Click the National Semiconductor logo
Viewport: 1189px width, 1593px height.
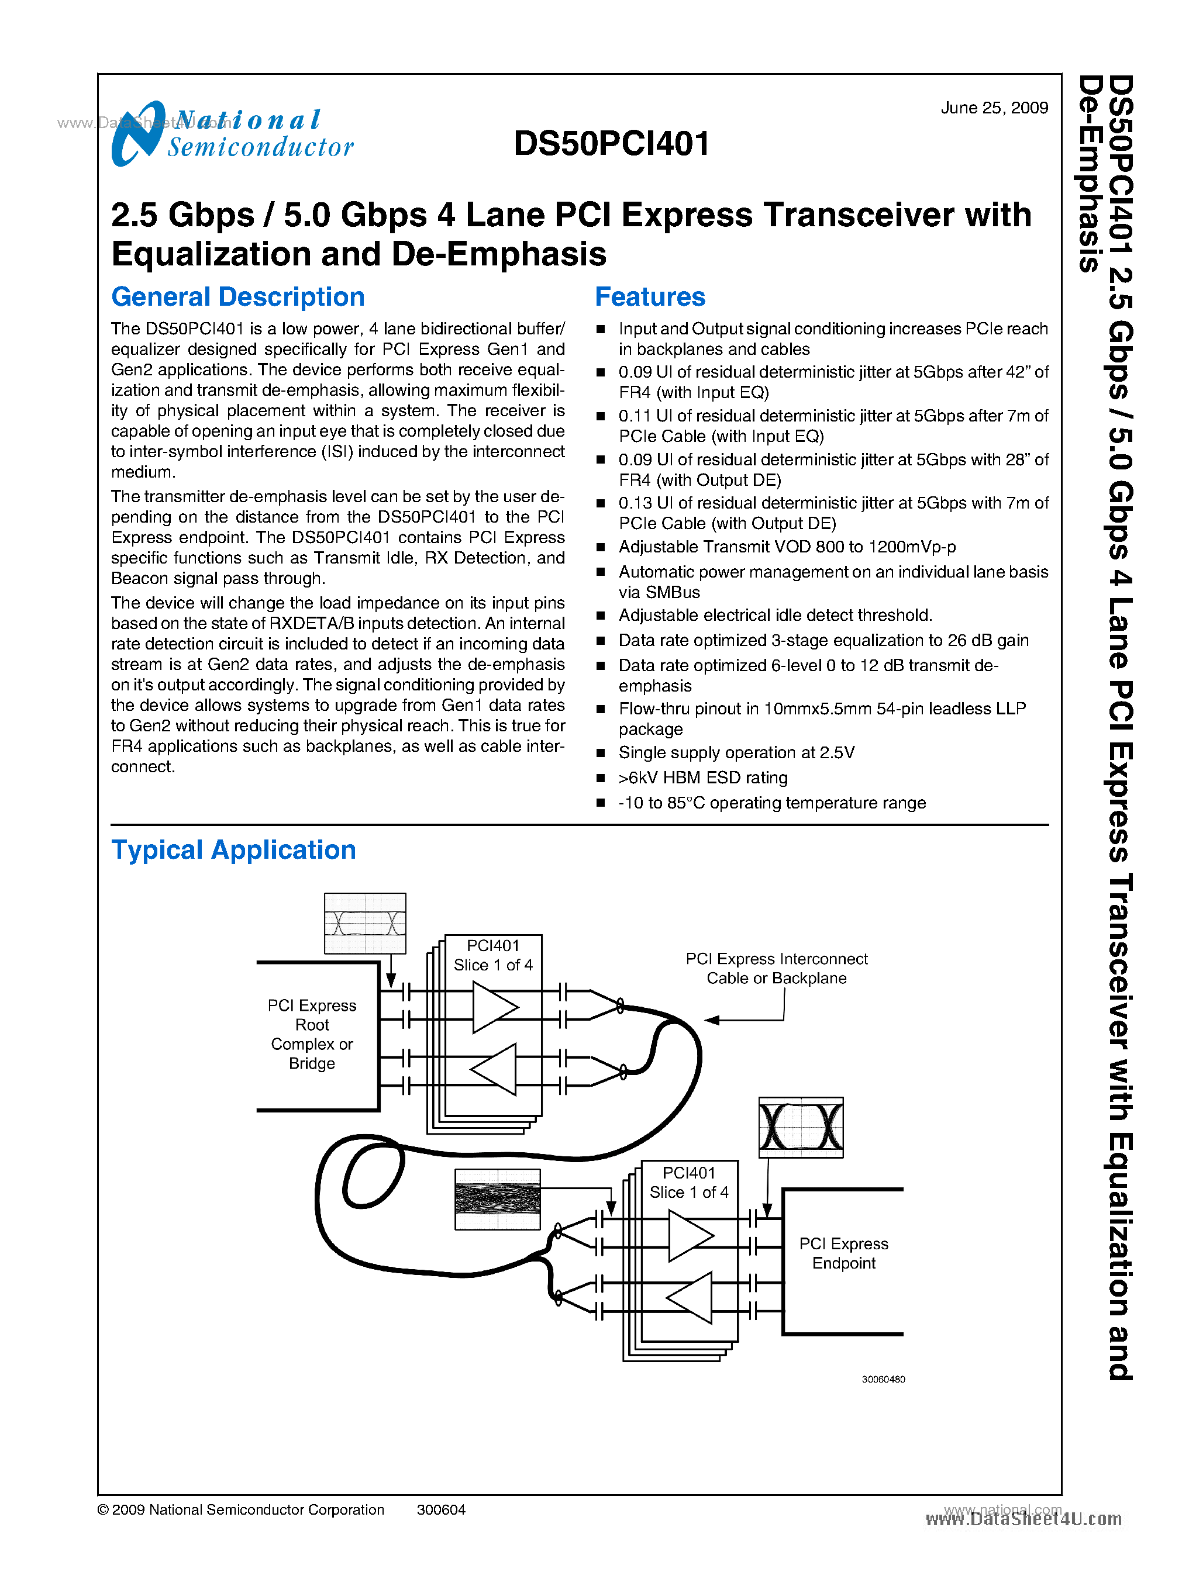click(x=232, y=134)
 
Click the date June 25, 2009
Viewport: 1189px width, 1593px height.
click(x=993, y=108)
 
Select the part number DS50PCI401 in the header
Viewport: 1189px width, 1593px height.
click(x=612, y=143)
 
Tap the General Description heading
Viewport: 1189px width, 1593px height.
click(x=237, y=296)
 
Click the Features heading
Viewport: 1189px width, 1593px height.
click(x=649, y=296)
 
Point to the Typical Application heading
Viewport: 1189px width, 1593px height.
click(x=233, y=850)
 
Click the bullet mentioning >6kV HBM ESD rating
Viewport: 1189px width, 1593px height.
click(x=702, y=777)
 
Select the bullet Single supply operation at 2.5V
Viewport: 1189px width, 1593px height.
click(x=736, y=752)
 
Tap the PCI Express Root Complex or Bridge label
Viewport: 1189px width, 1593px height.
click(x=312, y=1034)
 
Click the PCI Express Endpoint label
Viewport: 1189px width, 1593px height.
click(x=843, y=1253)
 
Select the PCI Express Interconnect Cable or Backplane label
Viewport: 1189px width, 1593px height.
click(x=776, y=969)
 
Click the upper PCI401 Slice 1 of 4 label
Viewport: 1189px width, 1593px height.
click(x=493, y=956)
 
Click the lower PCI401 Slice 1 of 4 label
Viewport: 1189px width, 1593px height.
click(x=689, y=1183)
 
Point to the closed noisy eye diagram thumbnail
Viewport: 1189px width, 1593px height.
click(x=497, y=1200)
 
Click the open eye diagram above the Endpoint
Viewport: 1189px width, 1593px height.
click(x=800, y=1128)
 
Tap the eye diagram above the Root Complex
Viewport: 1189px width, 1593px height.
click(x=365, y=923)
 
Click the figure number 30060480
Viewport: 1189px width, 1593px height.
click(x=883, y=1379)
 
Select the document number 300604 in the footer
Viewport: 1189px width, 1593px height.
click(x=440, y=1509)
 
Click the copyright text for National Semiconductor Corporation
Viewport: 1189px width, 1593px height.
click(x=240, y=1509)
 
